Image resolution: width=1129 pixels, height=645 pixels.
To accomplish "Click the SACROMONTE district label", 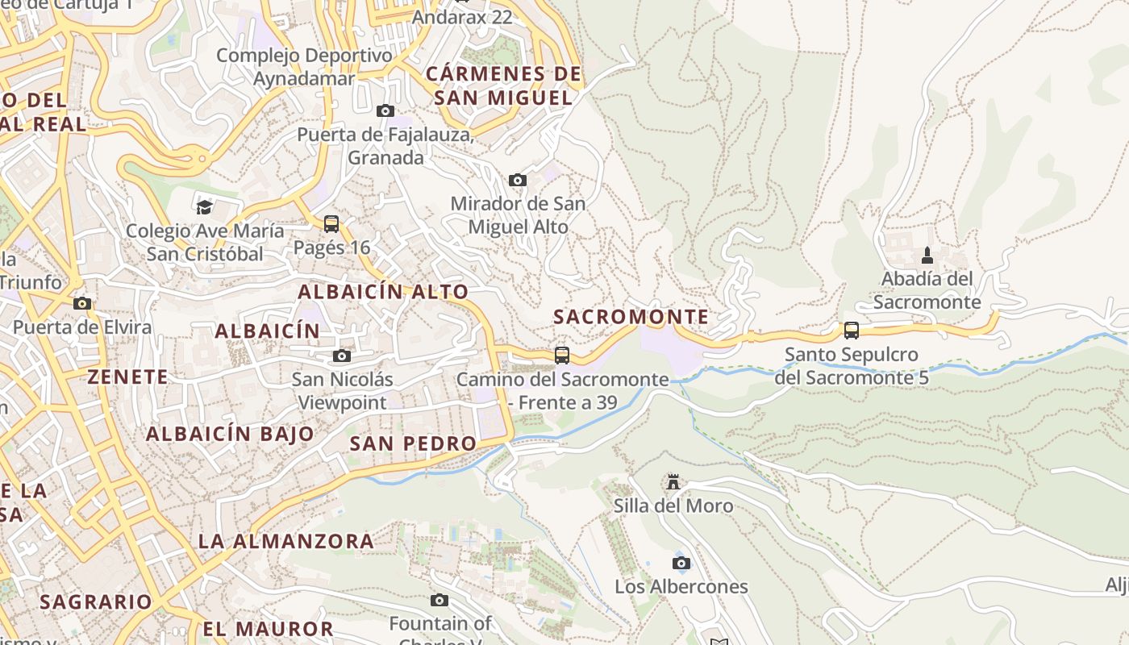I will (x=631, y=317).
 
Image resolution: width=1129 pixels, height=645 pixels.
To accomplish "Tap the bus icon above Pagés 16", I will (x=331, y=223).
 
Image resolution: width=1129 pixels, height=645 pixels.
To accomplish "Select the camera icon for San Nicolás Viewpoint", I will (x=342, y=356).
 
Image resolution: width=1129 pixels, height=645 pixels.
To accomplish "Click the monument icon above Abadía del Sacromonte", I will (x=927, y=256).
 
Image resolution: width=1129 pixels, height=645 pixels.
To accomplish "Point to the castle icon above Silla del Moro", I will (x=673, y=482).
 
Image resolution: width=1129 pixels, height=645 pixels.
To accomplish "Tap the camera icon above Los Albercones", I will (x=681, y=563).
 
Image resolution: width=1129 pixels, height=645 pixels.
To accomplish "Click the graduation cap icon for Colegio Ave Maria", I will (x=204, y=207).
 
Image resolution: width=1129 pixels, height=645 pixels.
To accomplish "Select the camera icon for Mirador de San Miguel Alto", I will (x=518, y=180).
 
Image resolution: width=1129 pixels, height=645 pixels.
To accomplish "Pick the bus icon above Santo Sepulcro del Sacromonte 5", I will (x=851, y=330).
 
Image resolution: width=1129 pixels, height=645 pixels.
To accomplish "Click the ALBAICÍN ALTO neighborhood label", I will (x=383, y=292).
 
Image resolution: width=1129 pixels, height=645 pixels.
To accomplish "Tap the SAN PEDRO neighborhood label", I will (x=413, y=443).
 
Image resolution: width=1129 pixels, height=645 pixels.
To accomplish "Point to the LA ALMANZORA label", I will (x=286, y=541).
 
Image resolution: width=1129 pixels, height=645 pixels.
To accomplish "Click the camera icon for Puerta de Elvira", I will (x=81, y=303).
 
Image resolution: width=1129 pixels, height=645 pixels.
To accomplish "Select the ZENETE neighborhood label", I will (x=127, y=377).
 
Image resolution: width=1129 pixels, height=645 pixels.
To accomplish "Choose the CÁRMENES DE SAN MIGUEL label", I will (x=503, y=86).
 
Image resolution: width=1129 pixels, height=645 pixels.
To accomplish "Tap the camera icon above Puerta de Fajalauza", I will (x=385, y=110).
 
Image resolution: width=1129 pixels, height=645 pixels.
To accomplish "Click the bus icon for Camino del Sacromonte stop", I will (x=562, y=355).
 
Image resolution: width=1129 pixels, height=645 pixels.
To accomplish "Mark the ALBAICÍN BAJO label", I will (x=230, y=434).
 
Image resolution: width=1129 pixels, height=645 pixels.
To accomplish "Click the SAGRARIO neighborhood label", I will (x=95, y=601).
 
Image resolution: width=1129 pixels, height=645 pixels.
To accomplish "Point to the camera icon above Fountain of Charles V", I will (x=440, y=600).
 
